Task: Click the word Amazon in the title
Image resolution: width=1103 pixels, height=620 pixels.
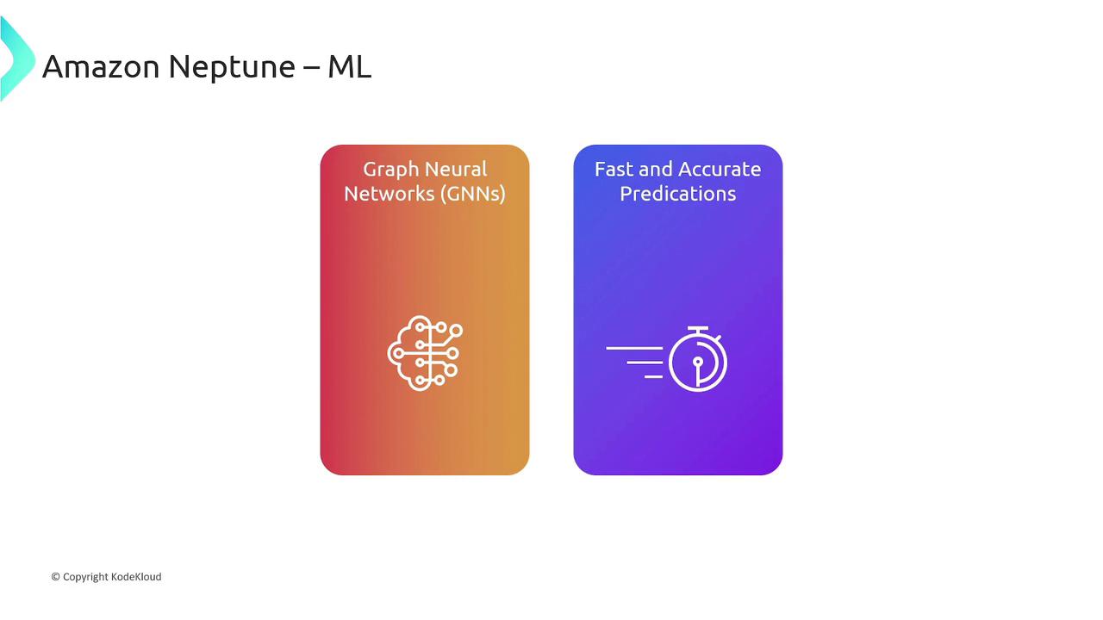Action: (101, 66)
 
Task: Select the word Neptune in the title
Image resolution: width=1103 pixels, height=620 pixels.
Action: (232, 67)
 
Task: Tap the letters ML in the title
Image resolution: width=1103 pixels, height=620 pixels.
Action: (349, 66)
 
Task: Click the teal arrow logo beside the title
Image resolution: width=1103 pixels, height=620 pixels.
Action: (16, 58)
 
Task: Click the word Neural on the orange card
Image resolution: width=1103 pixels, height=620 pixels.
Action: (456, 170)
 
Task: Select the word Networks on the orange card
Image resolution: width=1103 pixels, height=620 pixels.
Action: (389, 194)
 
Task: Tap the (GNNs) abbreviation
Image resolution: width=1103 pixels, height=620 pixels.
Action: (473, 194)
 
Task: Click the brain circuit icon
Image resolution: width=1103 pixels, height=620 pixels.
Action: (425, 353)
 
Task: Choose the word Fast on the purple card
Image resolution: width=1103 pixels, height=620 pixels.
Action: (613, 170)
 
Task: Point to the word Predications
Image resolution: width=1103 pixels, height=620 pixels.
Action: (678, 194)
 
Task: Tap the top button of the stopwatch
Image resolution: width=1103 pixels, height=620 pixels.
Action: (698, 328)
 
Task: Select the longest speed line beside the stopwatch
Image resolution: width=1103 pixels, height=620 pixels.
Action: (634, 349)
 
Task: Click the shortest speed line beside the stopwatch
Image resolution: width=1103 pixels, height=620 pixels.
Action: (653, 377)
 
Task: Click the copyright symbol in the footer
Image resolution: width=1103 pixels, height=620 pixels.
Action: (56, 577)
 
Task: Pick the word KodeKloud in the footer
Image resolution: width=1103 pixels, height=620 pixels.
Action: (136, 577)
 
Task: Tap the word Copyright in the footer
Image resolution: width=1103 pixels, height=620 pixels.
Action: (85, 577)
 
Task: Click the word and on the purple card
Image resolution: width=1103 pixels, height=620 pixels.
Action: (654, 170)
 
